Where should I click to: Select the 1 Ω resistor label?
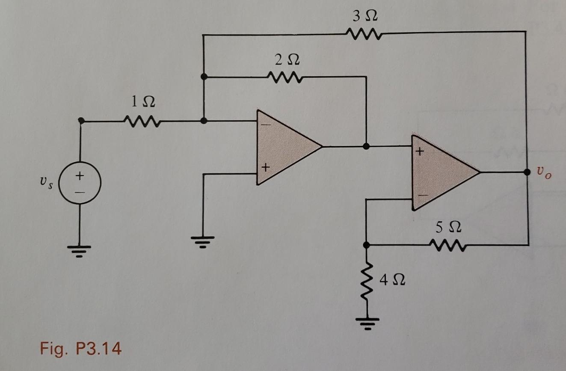click(x=143, y=102)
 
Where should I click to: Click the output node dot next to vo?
click(x=527, y=172)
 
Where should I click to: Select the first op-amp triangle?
click(x=284, y=147)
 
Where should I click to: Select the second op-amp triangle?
click(x=441, y=172)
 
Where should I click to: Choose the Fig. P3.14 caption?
click(x=81, y=349)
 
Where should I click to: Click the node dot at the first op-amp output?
click(x=366, y=146)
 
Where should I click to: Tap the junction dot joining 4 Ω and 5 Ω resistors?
click(x=366, y=245)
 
